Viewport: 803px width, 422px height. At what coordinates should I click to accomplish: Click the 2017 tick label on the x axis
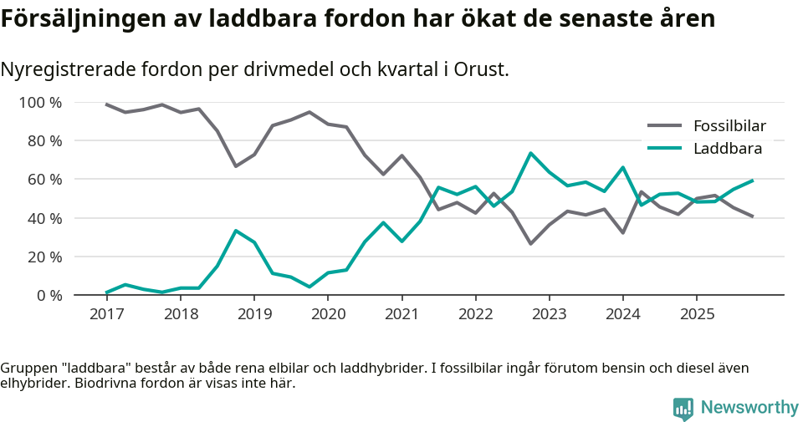pyautogui.click(x=106, y=314)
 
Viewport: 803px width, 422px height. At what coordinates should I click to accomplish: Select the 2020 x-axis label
pyautogui.click(x=327, y=314)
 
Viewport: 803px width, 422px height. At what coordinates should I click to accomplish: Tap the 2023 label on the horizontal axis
pyautogui.click(x=549, y=314)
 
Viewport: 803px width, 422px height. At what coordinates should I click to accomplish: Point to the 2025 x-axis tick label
pyautogui.click(x=696, y=314)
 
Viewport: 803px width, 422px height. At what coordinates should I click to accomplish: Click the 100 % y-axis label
pyautogui.click(x=41, y=103)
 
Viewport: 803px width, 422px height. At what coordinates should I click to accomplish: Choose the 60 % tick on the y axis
pyautogui.click(x=45, y=180)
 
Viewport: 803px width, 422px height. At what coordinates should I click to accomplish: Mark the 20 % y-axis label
pyautogui.click(x=45, y=257)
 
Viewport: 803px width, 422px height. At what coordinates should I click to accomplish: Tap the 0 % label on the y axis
pyautogui.click(x=49, y=295)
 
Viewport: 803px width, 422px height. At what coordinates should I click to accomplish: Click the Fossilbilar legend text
pyautogui.click(x=729, y=126)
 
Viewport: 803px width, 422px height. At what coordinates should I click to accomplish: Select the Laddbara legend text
pyautogui.click(x=728, y=149)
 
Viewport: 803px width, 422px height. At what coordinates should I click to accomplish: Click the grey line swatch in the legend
pyautogui.click(x=666, y=126)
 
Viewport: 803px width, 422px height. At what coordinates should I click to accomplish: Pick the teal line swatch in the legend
pyautogui.click(x=666, y=149)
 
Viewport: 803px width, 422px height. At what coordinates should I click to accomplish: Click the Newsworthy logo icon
pyautogui.click(x=683, y=409)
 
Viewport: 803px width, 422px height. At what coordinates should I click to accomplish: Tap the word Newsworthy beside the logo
pyautogui.click(x=749, y=408)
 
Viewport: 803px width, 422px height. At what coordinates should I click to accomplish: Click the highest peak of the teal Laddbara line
pyautogui.click(x=530, y=153)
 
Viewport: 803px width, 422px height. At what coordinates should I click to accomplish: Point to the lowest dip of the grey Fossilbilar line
pyautogui.click(x=530, y=244)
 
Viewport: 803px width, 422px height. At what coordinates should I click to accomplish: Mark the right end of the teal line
pyautogui.click(x=753, y=180)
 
